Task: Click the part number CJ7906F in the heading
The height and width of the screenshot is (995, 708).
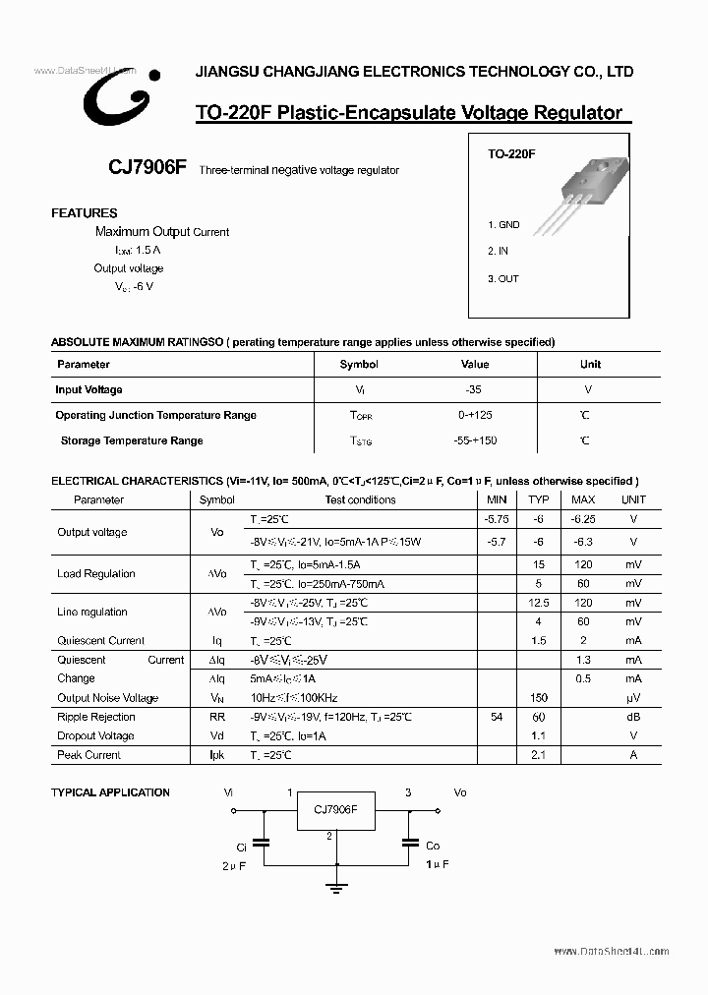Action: [x=147, y=167]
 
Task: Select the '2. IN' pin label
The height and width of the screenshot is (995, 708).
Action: [x=499, y=252]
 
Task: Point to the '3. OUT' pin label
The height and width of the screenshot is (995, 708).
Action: [x=503, y=278]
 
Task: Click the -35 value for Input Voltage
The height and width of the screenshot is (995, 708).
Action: [x=475, y=390]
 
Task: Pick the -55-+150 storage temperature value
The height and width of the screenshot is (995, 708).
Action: [x=475, y=440]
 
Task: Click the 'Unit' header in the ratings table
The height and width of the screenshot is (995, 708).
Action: [x=590, y=365]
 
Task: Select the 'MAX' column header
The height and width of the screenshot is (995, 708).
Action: [x=583, y=499]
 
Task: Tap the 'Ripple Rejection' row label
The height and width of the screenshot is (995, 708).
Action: [x=96, y=718]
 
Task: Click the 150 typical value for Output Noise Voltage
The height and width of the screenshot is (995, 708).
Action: [x=539, y=698]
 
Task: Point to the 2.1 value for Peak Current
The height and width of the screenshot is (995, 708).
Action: [x=539, y=755]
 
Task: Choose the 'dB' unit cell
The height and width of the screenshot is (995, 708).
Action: [x=633, y=718]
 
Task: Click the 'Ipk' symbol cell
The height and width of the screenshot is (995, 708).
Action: [x=217, y=755]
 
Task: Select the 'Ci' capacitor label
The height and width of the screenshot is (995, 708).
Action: [x=241, y=846]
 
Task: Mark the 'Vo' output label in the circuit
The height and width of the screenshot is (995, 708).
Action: [x=459, y=791]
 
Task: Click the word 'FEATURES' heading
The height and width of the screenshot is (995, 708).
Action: [x=85, y=213]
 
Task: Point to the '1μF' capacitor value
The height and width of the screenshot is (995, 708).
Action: [x=438, y=864]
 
